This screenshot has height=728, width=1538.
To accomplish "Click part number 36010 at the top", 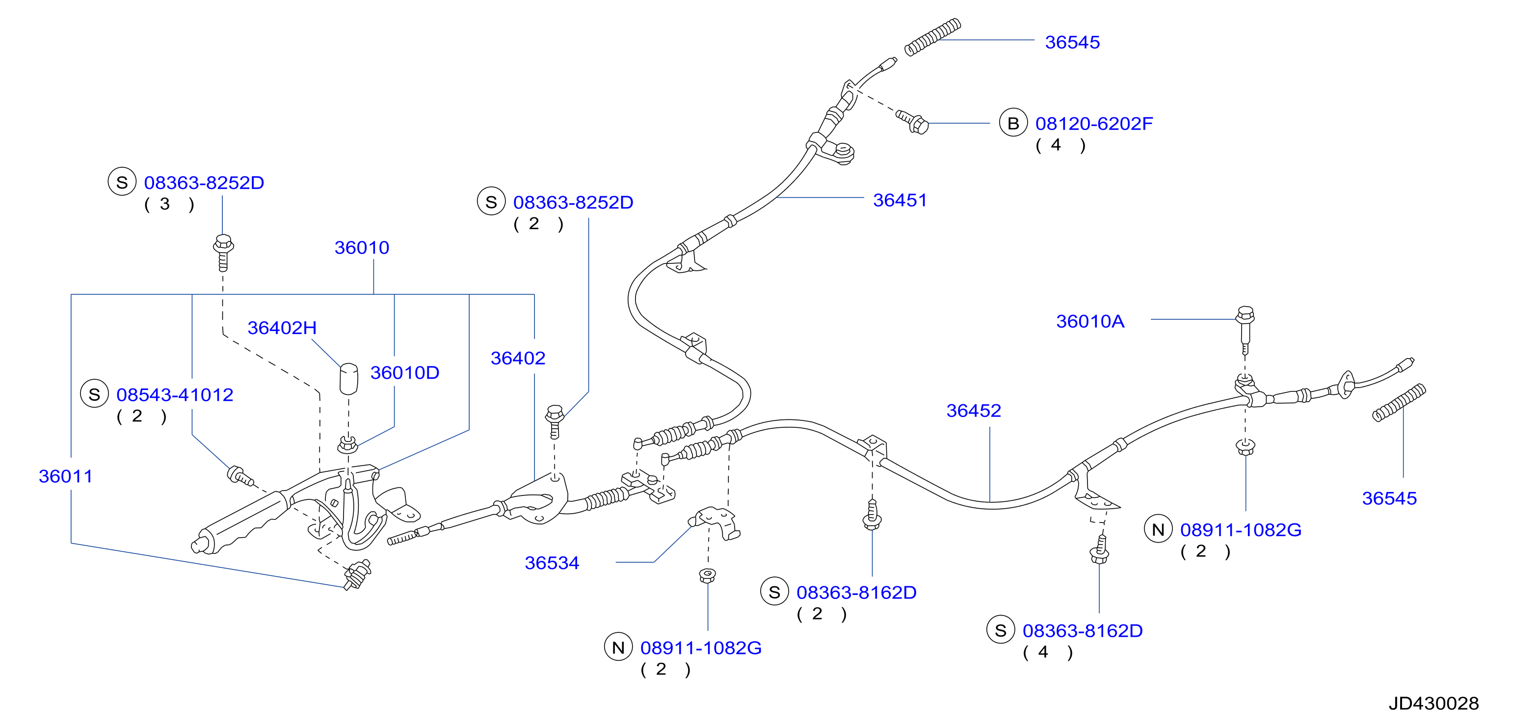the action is coord(362,248).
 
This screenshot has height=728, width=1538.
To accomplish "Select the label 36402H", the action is coord(282,328).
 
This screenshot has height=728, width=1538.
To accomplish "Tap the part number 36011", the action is coord(66,476).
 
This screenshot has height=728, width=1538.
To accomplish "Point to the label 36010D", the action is coord(405,372).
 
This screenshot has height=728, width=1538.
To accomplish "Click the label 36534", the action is coord(552,563).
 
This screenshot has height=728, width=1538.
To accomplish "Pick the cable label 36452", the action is coord(973,411).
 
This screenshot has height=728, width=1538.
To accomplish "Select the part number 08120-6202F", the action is coord(1094,124).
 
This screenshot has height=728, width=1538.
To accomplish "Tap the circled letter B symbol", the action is coord(1013,123).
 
